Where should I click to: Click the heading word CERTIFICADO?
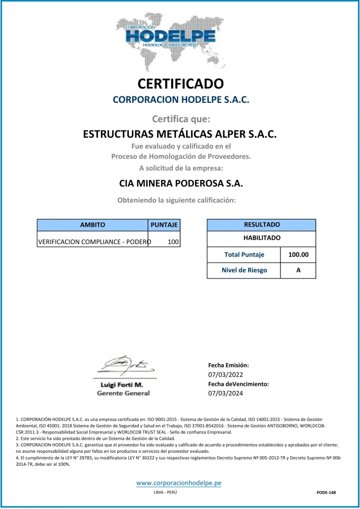click(180, 83)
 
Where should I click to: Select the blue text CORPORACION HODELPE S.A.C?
click(180, 99)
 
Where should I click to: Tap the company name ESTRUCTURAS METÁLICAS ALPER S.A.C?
click(180, 134)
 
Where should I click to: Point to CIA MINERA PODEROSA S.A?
click(180, 183)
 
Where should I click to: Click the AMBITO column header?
click(92, 225)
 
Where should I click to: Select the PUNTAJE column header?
click(164, 225)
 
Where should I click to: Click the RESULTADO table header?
click(262, 225)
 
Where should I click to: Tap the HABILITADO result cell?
click(262, 238)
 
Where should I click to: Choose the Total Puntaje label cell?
click(244, 255)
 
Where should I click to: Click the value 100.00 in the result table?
click(298, 255)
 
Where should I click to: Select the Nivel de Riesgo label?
click(244, 270)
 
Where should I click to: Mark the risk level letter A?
click(298, 270)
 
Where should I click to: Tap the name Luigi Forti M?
click(122, 385)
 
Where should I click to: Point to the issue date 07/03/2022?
click(225, 374)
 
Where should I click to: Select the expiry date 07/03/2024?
click(225, 393)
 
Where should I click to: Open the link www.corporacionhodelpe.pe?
click(179, 483)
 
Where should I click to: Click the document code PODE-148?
click(326, 492)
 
